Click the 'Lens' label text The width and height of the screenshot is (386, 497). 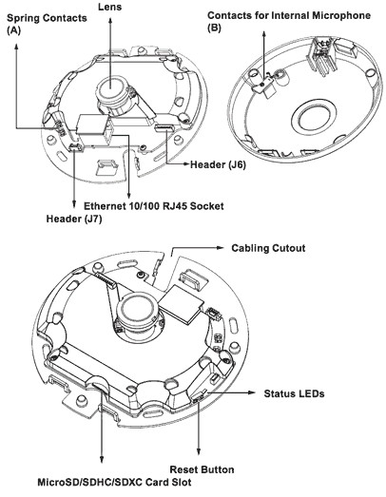109,7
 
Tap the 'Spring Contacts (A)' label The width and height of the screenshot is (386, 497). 47,24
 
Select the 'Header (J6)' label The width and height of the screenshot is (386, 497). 218,164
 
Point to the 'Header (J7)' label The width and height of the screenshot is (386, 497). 74,219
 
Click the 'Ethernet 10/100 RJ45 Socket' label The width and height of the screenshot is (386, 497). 154,206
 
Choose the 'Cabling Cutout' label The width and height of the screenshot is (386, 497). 268,248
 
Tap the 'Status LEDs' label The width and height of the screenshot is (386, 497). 294,393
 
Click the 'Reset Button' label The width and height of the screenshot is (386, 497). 203,469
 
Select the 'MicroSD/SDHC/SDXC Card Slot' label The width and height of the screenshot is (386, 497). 114,483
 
